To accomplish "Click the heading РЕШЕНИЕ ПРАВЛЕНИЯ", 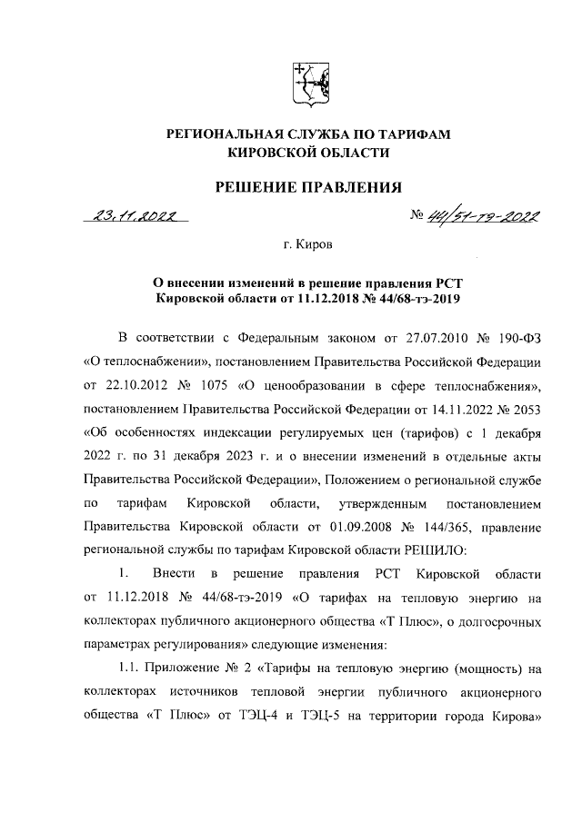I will (x=307, y=188).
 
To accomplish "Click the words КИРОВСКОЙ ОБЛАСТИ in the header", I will (x=306, y=154).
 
